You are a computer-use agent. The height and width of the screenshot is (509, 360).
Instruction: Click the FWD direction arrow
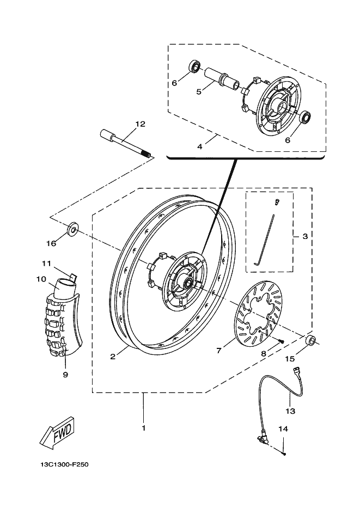pyautogui.click(x=57, y=433)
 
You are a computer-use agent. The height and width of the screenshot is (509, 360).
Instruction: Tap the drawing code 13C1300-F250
pyautogui.click(x=65, y=464)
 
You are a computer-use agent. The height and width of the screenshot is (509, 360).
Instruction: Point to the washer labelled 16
pyautogui.click(x=72, y=229)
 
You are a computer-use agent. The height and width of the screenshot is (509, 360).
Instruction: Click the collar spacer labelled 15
pyautogui.click(x=310, y=340)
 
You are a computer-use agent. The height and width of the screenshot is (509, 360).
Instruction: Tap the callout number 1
pyautogui.click(x=143, y=428)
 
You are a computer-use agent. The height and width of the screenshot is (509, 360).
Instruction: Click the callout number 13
pyautogui.click(x=290, y=412)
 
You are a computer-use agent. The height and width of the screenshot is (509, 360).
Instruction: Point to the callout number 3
pyautogui.click(x=305, y=236)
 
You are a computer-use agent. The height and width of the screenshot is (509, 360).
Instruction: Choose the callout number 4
pyautogui.click(x=200, y=147)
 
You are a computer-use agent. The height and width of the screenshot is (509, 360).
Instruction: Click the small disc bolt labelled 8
pyautogui.click(x=281, y=341)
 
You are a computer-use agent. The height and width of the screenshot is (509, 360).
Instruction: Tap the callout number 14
pyautogui.click(x=283, y=429)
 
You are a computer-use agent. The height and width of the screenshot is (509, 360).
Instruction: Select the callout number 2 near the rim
pyautogui.click(x=113, y=357)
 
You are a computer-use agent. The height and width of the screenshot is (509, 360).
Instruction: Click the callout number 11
pyautogui.click(x=46, y=263)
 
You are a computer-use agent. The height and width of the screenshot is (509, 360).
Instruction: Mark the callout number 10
pyautogui.click(x=41, y=279)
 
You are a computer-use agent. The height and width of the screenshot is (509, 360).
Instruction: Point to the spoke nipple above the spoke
pyautogui.click(x=277, y=202)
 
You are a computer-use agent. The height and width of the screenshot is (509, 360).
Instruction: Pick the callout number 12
pyautogui.click(x=141, y=124)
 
